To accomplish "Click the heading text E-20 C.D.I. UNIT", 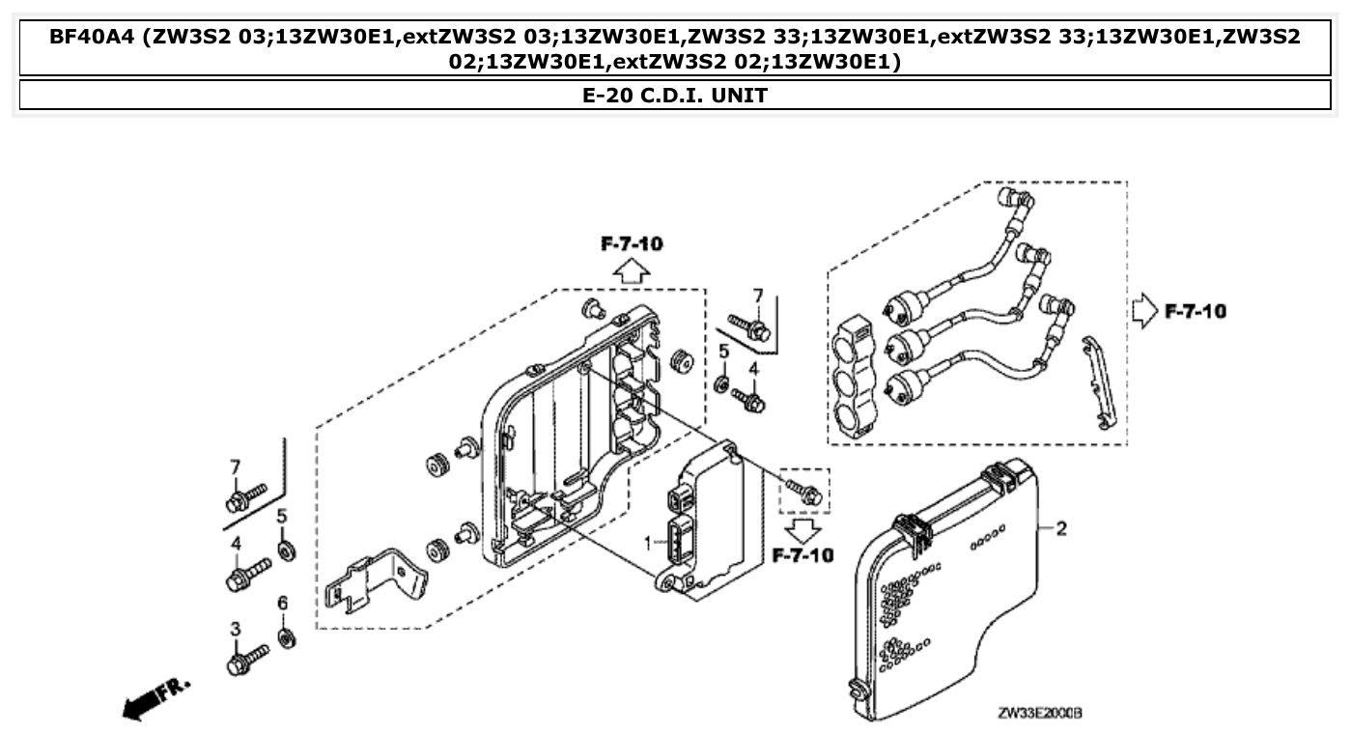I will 675,95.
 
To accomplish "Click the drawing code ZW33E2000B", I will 1039,713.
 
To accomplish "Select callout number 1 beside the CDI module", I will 649,545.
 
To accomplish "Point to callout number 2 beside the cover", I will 1061,528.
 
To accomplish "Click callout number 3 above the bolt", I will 235,630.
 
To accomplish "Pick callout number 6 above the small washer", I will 283,604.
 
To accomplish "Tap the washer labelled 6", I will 286,638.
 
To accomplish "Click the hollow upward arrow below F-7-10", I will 632,269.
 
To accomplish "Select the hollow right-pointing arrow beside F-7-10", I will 1145,312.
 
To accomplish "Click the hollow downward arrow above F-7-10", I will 802,529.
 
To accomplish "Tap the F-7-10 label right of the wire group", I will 1196,312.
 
